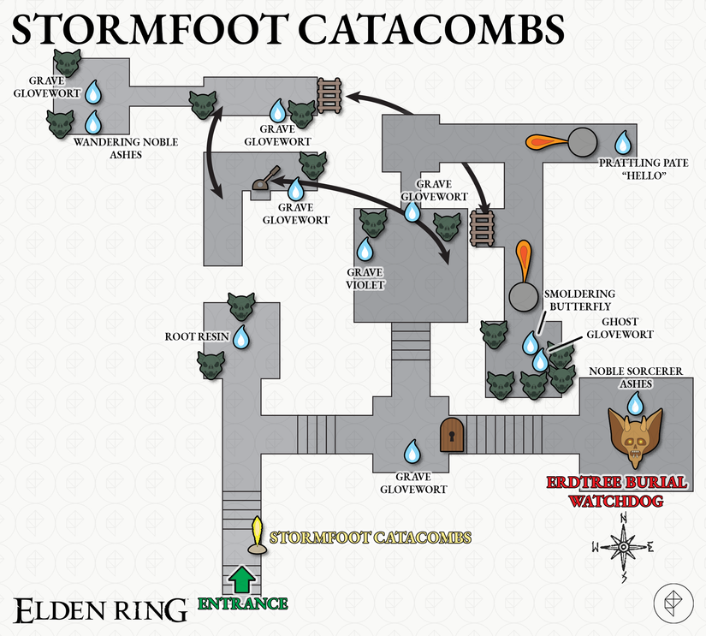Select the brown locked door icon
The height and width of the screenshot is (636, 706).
click(x=450, y=435)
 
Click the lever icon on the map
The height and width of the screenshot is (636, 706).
click(x=264, y=180)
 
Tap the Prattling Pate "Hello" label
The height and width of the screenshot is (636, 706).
click(x=633, y=169)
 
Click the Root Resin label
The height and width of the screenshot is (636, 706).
click(x=197, y=337)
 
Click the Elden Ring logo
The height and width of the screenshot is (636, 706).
click(x=101, y=609)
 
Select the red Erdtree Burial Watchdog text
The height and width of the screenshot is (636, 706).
click(x=616, y=491)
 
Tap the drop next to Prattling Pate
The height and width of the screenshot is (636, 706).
click(x=624, y=141)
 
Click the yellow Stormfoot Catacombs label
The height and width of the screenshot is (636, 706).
click(x=371, y=538)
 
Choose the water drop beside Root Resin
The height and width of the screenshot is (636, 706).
click(x=240, y=337)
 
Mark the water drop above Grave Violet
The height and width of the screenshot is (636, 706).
click(x=365, y=250)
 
